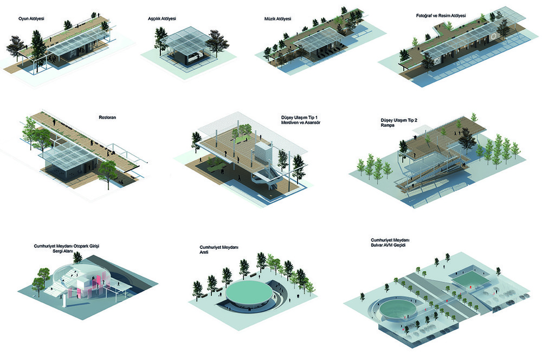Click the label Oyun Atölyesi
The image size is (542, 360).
31,18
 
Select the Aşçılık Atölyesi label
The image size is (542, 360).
162,18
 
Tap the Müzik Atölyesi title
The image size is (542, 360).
278,18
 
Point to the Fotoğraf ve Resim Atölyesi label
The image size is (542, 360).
441,16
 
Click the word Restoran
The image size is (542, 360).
107,118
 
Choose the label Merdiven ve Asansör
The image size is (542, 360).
301,123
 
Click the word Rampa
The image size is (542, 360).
388,125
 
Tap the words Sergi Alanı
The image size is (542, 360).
62,252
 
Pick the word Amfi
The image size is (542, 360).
204,253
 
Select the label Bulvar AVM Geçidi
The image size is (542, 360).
388,245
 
